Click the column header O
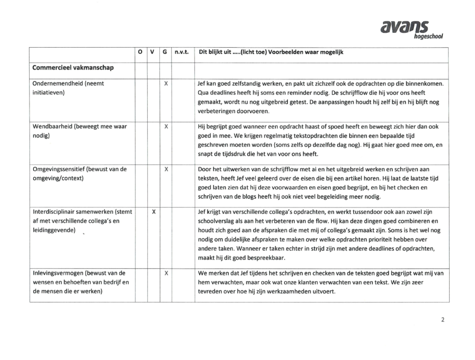[x=140, y=52]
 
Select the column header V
[x=153, y=52]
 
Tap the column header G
[x=165, y=52]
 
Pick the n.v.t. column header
[x=182, y=52]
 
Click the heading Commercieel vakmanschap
[x=73, y=67]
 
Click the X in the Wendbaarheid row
[x=165, y=127]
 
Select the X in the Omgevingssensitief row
[x=165, y=169]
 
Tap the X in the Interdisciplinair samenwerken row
[x=153, y=212]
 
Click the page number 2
[x=442, y=320]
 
